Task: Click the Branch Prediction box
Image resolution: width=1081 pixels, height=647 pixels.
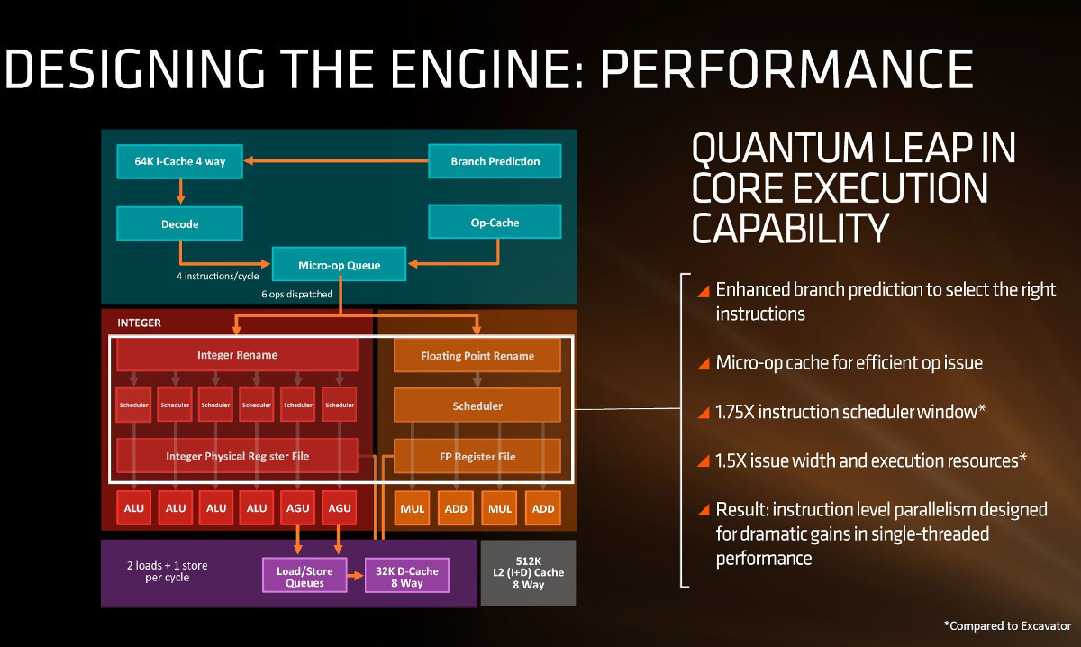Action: [x=495, y=161]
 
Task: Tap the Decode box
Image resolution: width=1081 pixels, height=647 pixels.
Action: [x=181, y=223]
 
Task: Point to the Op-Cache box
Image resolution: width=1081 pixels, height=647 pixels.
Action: [x=495, y=222]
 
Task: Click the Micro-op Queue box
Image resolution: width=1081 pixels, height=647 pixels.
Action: [x=339, y=265]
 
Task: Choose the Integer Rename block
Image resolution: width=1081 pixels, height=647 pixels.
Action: [x=237, y=355]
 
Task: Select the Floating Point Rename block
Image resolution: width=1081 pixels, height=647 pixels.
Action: [x=477, y=356]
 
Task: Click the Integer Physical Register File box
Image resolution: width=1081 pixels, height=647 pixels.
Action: [x=237, y=456]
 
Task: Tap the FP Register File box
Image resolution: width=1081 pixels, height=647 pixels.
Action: [x=477, y=456]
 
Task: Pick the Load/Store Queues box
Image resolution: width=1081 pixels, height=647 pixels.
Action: [x=305, y=576]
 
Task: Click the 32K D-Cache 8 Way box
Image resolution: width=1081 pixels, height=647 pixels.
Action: [x=405, y=576]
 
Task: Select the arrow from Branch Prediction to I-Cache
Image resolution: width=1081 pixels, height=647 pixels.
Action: [x=338, y=161]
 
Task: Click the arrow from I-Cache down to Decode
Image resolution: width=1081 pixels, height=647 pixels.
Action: [x=181, y=190]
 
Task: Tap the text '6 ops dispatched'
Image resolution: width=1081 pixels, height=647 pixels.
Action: [x=295, y=294]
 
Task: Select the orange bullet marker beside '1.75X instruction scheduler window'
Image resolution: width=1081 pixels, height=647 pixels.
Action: [x=704, y=412]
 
